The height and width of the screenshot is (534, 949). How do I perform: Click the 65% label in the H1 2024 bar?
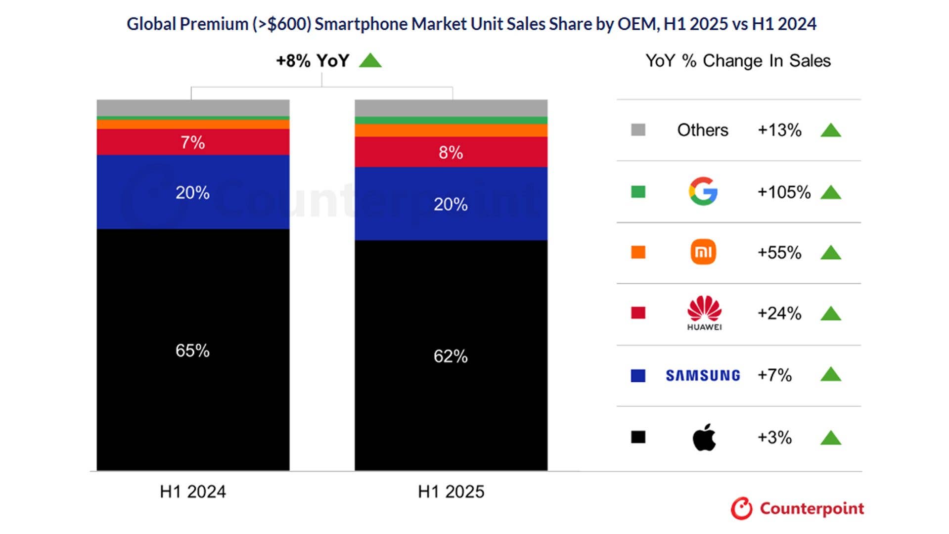click(192, 351)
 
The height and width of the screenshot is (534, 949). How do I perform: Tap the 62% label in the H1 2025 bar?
click(451, 356)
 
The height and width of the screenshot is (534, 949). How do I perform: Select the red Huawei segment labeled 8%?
click(451, 152)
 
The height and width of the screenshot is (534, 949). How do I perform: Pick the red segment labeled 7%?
click(192, 142)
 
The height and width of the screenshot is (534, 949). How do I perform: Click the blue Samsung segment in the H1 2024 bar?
click(192, 192)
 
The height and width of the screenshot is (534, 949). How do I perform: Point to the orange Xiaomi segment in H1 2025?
click(451, 131)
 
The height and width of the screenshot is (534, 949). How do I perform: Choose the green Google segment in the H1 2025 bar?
click(451, 121)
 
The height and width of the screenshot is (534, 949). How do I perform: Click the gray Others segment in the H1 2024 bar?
click(192, 108)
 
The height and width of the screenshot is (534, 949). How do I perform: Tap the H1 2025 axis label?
click(451, 491)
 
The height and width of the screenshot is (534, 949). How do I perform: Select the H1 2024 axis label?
click(192, 491)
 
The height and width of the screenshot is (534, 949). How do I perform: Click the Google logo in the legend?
click(703, 191)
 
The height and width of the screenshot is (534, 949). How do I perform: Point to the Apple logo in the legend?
click(704, 437)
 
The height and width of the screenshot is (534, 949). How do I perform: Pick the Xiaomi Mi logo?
click(703, 252)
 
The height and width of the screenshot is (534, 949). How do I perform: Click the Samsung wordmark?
click(703, 375)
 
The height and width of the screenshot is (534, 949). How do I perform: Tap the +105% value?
click(784, 192)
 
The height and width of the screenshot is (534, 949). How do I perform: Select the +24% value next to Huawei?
click(779, 313)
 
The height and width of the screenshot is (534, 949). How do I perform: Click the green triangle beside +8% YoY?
click(370, 61)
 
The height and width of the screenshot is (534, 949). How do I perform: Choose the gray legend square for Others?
click(638, 130)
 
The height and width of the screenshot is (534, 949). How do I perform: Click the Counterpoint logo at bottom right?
click(797, 508)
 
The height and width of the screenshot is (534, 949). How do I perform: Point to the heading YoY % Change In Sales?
click(738, 61)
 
